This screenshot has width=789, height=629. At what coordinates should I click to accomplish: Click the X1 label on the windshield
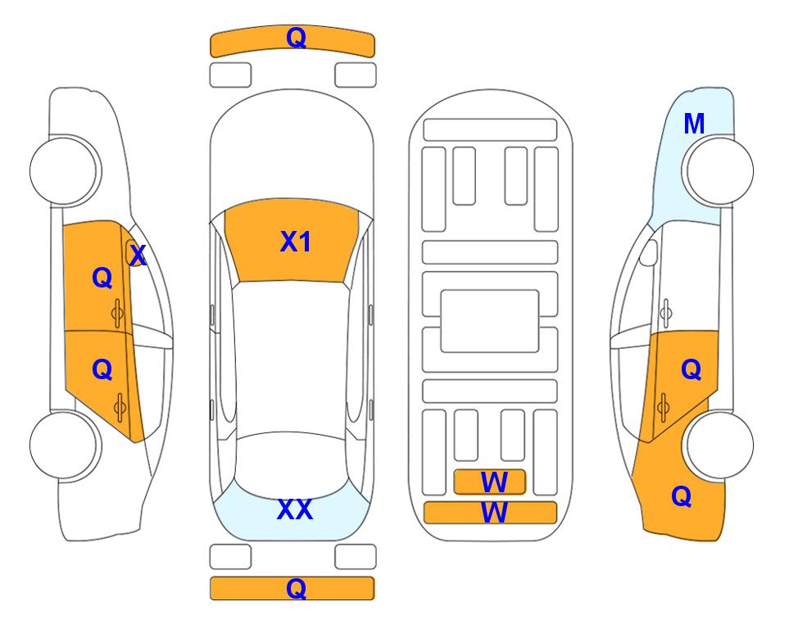click(296, 242)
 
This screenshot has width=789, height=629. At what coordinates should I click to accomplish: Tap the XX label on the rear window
click(295, 509)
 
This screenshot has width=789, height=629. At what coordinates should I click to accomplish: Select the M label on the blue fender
click(694, 124)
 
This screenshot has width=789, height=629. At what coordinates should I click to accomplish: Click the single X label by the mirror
click(138, 256)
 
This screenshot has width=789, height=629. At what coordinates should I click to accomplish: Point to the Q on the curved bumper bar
click(297, 37)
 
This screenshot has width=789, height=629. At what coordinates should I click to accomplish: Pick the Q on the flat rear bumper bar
click(297, 588)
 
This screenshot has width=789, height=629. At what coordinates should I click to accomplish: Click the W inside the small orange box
click(494, 482)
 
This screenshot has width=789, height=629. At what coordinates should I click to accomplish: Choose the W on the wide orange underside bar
click(494, 513)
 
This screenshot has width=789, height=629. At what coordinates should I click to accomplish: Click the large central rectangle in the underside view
click(490, 321)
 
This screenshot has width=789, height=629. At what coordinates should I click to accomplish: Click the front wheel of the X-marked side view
click(66, 170)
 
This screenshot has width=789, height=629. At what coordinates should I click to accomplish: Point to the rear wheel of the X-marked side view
click(66, 445)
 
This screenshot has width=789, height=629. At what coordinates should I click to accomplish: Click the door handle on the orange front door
click(118, 314)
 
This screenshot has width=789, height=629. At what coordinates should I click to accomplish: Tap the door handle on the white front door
click(665, 313)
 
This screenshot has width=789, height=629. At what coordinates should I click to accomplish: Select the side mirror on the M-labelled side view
click(649, 252)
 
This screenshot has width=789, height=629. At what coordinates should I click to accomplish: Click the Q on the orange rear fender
click(682, 496)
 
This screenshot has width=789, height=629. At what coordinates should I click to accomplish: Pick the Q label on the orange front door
click(102, 278)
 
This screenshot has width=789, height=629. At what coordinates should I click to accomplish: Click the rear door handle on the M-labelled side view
click(663, 407)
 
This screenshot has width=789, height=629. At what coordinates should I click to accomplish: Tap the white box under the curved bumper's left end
click(230, 75)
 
